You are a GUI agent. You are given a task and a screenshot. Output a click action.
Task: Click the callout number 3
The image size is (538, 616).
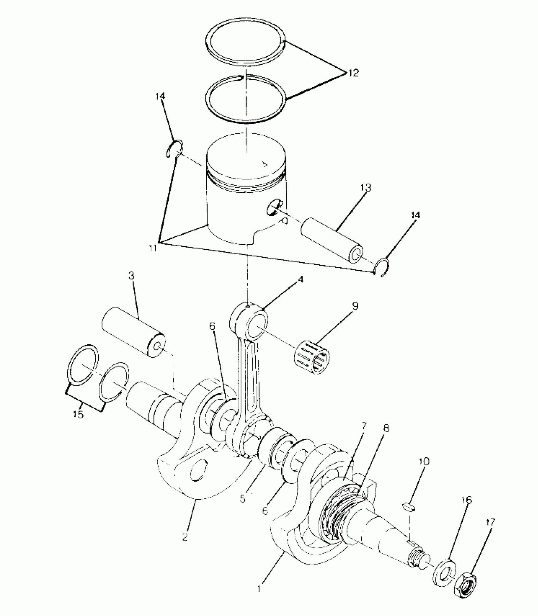pyautogui.click(x=131, y=276)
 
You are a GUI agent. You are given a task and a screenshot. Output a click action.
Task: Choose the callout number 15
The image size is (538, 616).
pyautogui.click(x=78, y=423)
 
